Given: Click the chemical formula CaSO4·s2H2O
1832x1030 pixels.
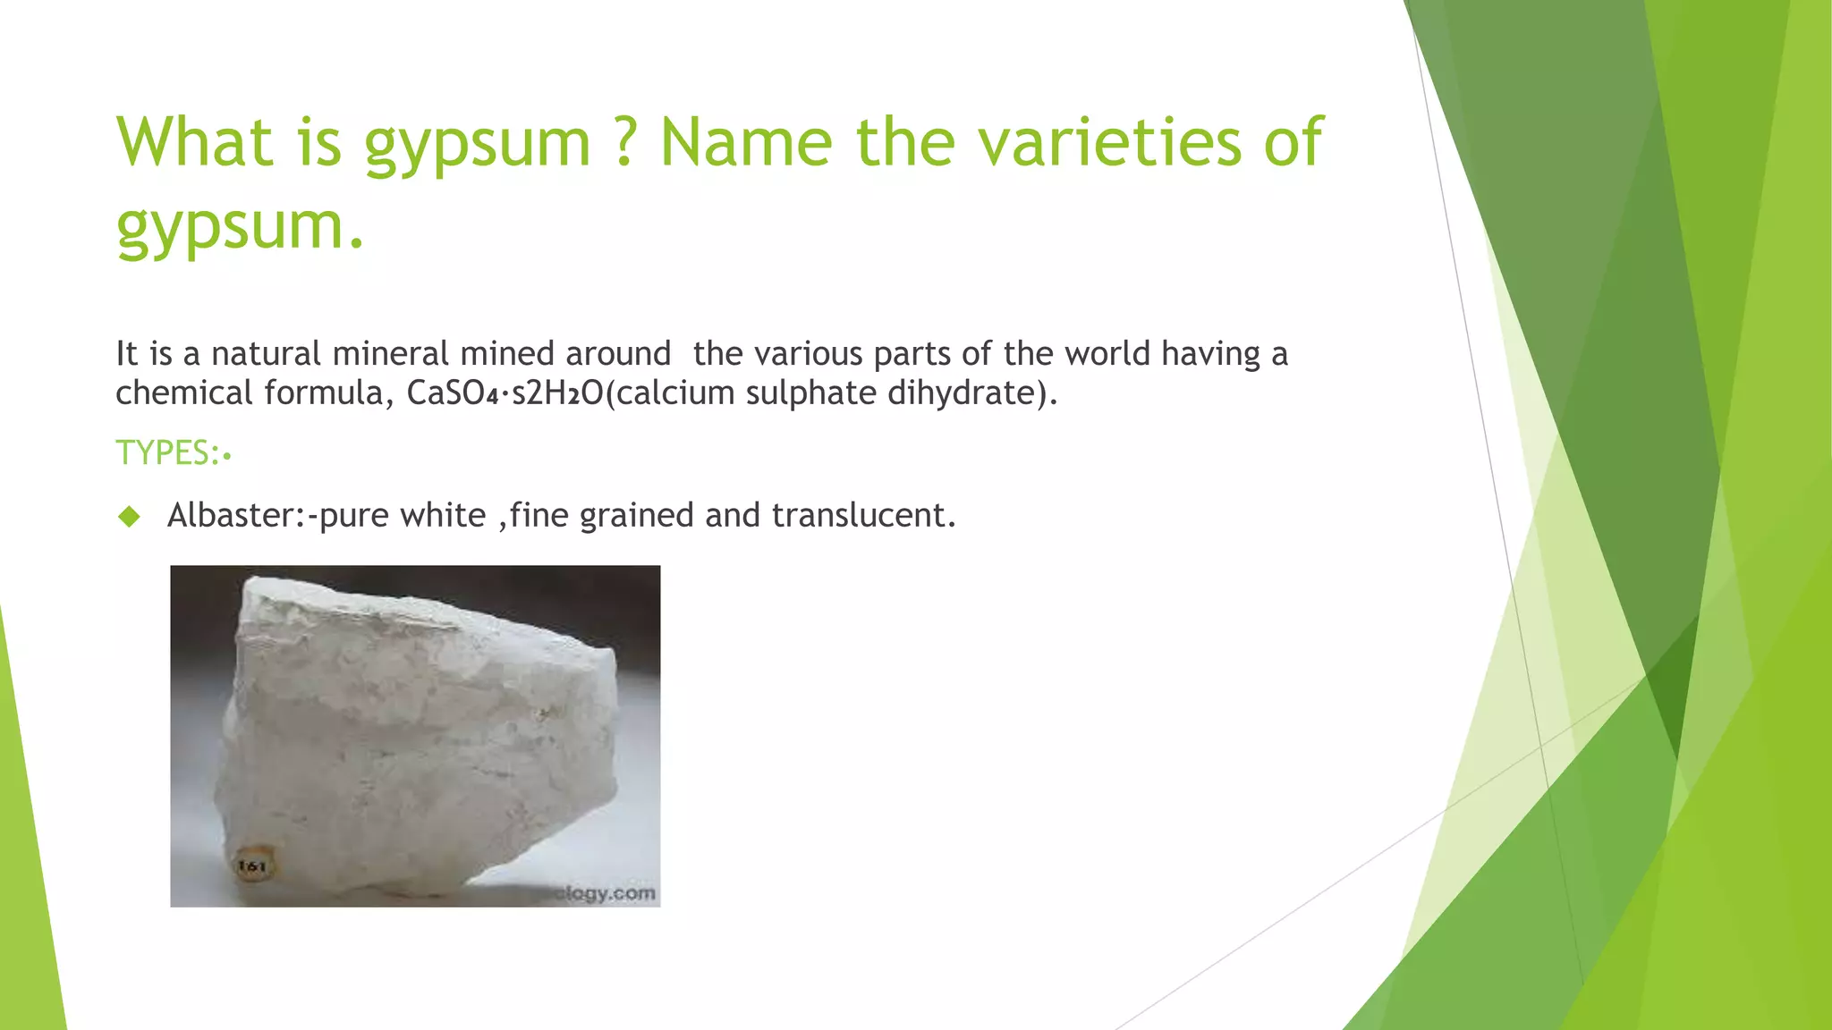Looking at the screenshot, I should (x=505, y=393).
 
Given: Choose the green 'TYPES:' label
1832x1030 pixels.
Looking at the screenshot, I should (x=168, y=453).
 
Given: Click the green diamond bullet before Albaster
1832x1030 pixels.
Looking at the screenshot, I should (x=130, y=516).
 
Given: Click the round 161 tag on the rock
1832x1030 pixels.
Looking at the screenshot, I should (x=252, y=865).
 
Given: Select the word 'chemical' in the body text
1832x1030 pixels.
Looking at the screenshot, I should (x=183, y=393).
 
